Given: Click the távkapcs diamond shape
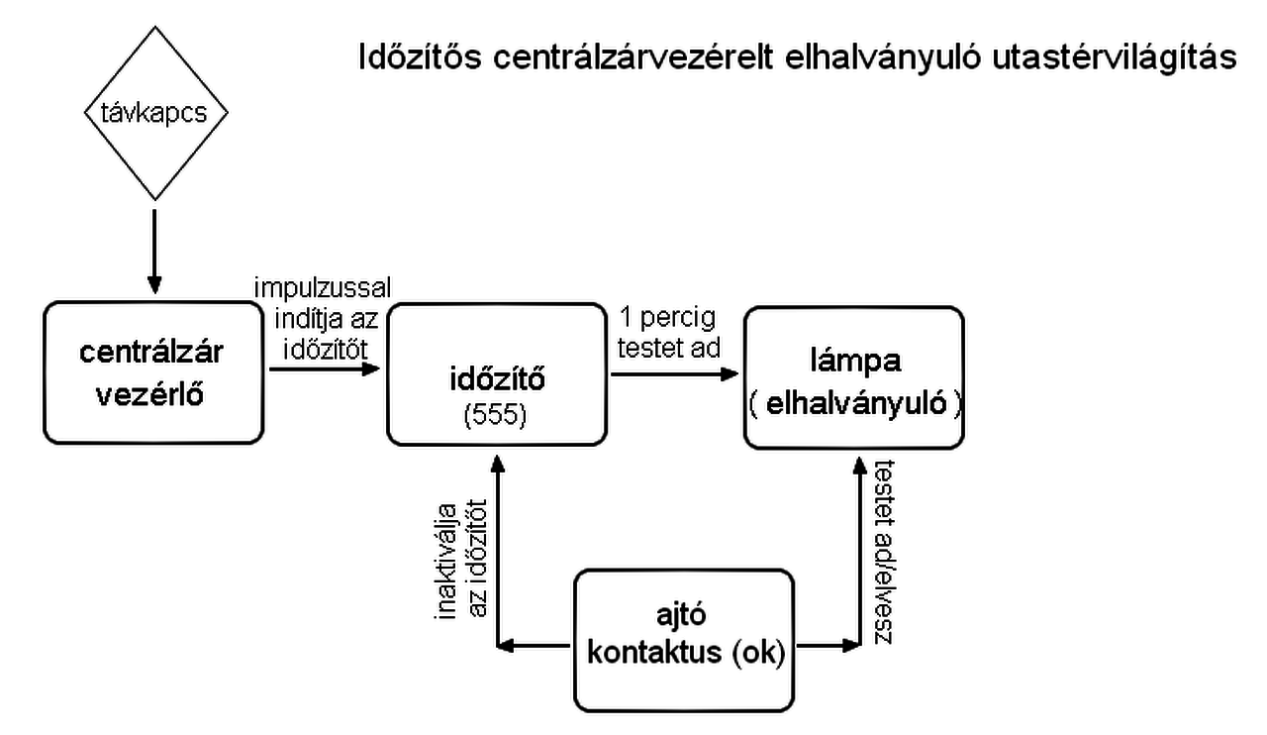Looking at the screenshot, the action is (x=153, y=113).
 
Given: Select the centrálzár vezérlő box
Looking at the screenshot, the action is (x=153, y=373).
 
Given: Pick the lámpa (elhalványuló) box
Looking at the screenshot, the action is (x=853, y=376).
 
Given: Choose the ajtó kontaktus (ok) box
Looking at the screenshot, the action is (x=685, y=640).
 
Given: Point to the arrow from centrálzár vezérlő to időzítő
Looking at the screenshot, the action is (x=325, y=368).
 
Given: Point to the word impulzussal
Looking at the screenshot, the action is (x=323, y=287).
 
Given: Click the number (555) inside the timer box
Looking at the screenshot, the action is (x=496, y=417).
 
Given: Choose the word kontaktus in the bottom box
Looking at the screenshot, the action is (x=652, y=654).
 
